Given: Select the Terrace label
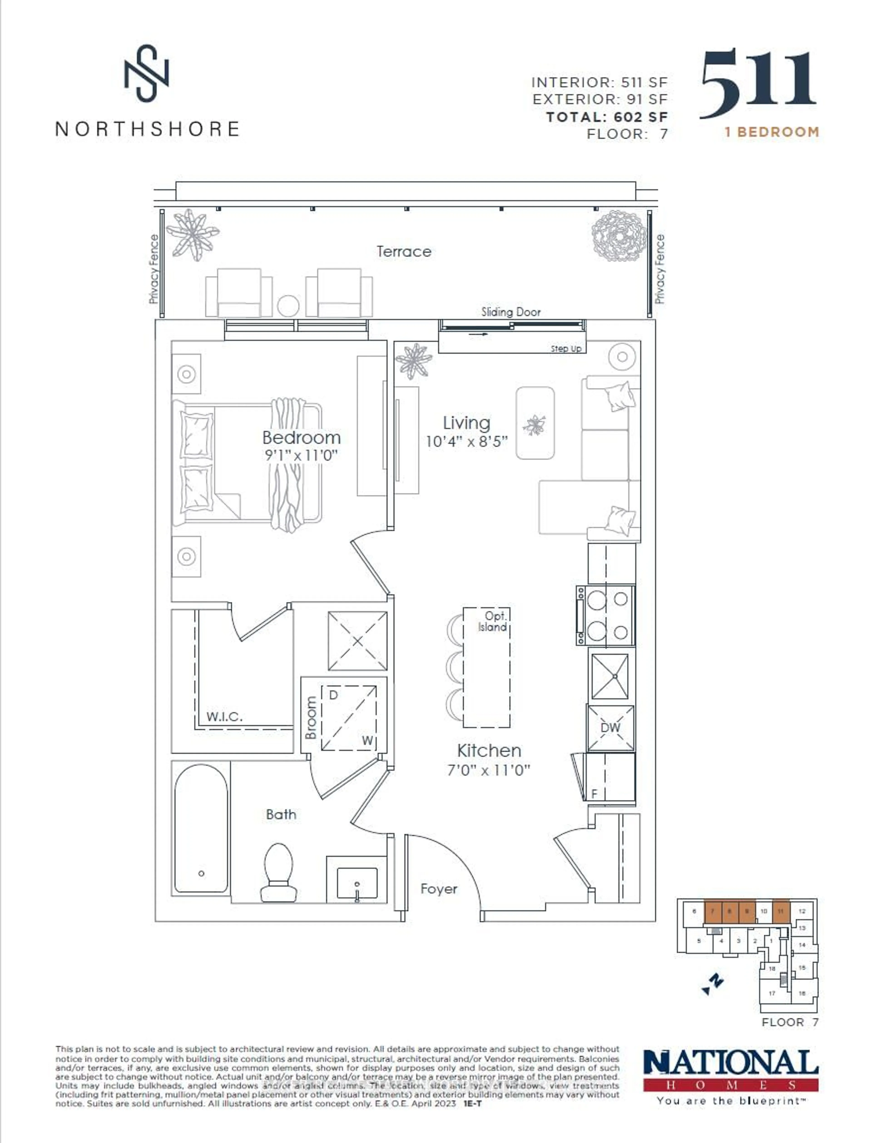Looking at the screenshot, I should (404, 252).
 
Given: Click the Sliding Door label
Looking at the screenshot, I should (511, 312).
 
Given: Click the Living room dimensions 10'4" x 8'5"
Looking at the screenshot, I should (466, 441).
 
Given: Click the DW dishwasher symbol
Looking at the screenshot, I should (610, 727).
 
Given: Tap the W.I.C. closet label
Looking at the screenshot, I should (224, 717).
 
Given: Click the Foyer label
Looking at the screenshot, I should (438, 889).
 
